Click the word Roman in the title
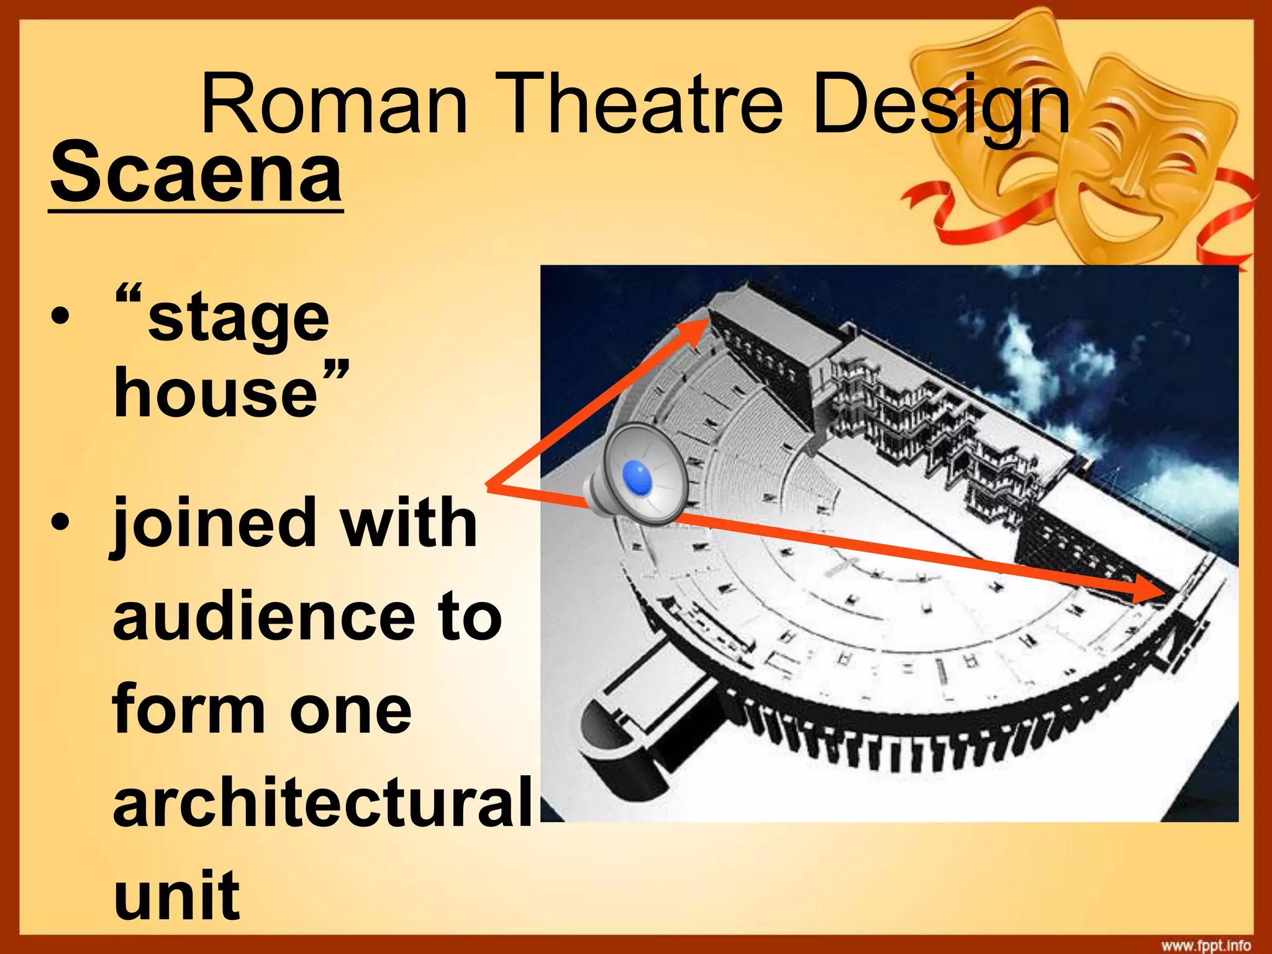[x=334, y=104]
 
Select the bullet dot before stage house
[x=60, y=318]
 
